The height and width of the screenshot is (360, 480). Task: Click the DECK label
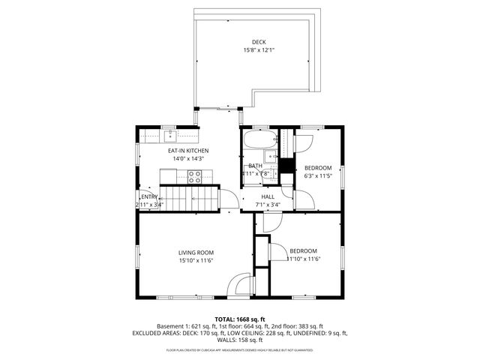259,42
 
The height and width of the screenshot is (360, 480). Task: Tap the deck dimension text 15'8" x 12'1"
259,50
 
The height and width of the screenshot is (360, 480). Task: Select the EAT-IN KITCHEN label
188,151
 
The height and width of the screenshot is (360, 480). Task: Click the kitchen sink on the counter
171,135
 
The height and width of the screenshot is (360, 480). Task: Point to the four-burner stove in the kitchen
195,177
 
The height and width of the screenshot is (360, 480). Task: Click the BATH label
256,166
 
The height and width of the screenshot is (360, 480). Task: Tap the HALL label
268,196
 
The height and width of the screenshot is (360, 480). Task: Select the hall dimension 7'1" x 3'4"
268,204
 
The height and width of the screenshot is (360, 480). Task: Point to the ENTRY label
148,196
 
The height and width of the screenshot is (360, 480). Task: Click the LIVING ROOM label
196,252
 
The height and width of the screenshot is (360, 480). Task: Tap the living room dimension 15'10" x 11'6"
196,260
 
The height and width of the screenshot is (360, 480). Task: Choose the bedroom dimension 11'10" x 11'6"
304,259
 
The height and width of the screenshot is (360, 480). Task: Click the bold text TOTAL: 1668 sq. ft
240,319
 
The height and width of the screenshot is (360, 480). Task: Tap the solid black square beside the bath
285,167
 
